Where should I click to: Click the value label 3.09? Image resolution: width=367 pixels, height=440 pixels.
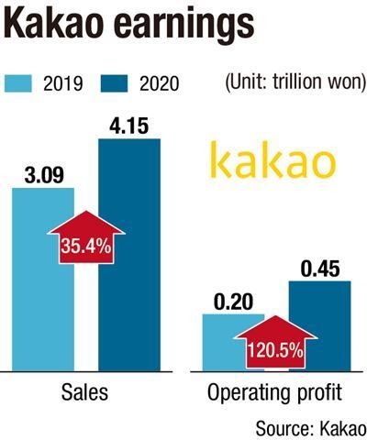44,176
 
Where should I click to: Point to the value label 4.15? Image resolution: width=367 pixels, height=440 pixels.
129,126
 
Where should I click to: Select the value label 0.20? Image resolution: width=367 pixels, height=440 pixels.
233,302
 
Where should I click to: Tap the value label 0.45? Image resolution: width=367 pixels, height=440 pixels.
320,269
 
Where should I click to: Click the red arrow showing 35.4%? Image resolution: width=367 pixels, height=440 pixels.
86,237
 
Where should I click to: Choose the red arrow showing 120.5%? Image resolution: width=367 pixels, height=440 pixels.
275,342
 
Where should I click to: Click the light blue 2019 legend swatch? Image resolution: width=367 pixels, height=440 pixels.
18,83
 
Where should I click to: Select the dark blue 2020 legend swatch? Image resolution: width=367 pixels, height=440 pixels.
114,83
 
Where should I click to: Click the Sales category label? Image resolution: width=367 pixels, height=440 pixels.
84,392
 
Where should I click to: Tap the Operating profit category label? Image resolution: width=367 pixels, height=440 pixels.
274,393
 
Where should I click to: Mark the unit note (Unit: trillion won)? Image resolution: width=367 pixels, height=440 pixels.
295,83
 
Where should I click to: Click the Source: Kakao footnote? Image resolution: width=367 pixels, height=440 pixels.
311,428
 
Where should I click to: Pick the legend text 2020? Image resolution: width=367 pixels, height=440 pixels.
159,83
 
